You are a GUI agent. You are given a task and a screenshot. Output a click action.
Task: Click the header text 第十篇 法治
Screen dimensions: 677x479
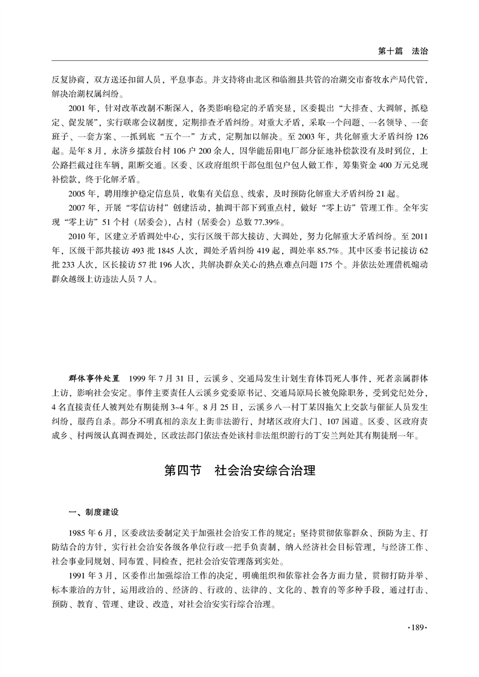pos(403,52)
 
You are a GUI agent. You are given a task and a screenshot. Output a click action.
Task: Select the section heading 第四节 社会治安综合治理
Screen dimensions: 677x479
pos(240,471)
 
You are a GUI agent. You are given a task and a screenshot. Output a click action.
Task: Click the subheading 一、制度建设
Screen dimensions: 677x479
pos(94,512)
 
